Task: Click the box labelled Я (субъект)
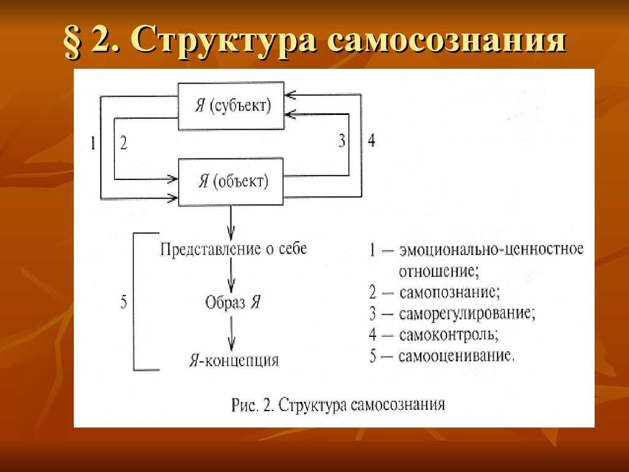click(x=231, y=106)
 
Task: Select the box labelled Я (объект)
click(x=231, y=182)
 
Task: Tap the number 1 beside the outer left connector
click(x=93, y=143)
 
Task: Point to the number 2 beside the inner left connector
click(x=123, y=143)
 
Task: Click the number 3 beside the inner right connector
click(x=342, y=141)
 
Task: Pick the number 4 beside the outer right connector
click(x=372, y=141)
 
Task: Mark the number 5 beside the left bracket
click(x=124, y=301)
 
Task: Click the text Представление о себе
click(x=233, y=249)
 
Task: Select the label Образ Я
click(x=233, y=302)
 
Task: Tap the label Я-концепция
click(x=234, y=360)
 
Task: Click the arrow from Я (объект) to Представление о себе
click(x=231, y=223)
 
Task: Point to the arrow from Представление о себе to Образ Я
click(x=231, y=275)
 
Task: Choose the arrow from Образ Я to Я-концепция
click(x=232, y=334)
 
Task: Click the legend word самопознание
click(x=450, y=292)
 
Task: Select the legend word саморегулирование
click(x=467, y=313)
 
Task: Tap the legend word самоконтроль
click(x=449, y=334)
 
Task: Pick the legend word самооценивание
click(x=456, y=356)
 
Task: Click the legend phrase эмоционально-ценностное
click(x=491, y=250)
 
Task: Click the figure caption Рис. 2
click(x=252, y=404)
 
